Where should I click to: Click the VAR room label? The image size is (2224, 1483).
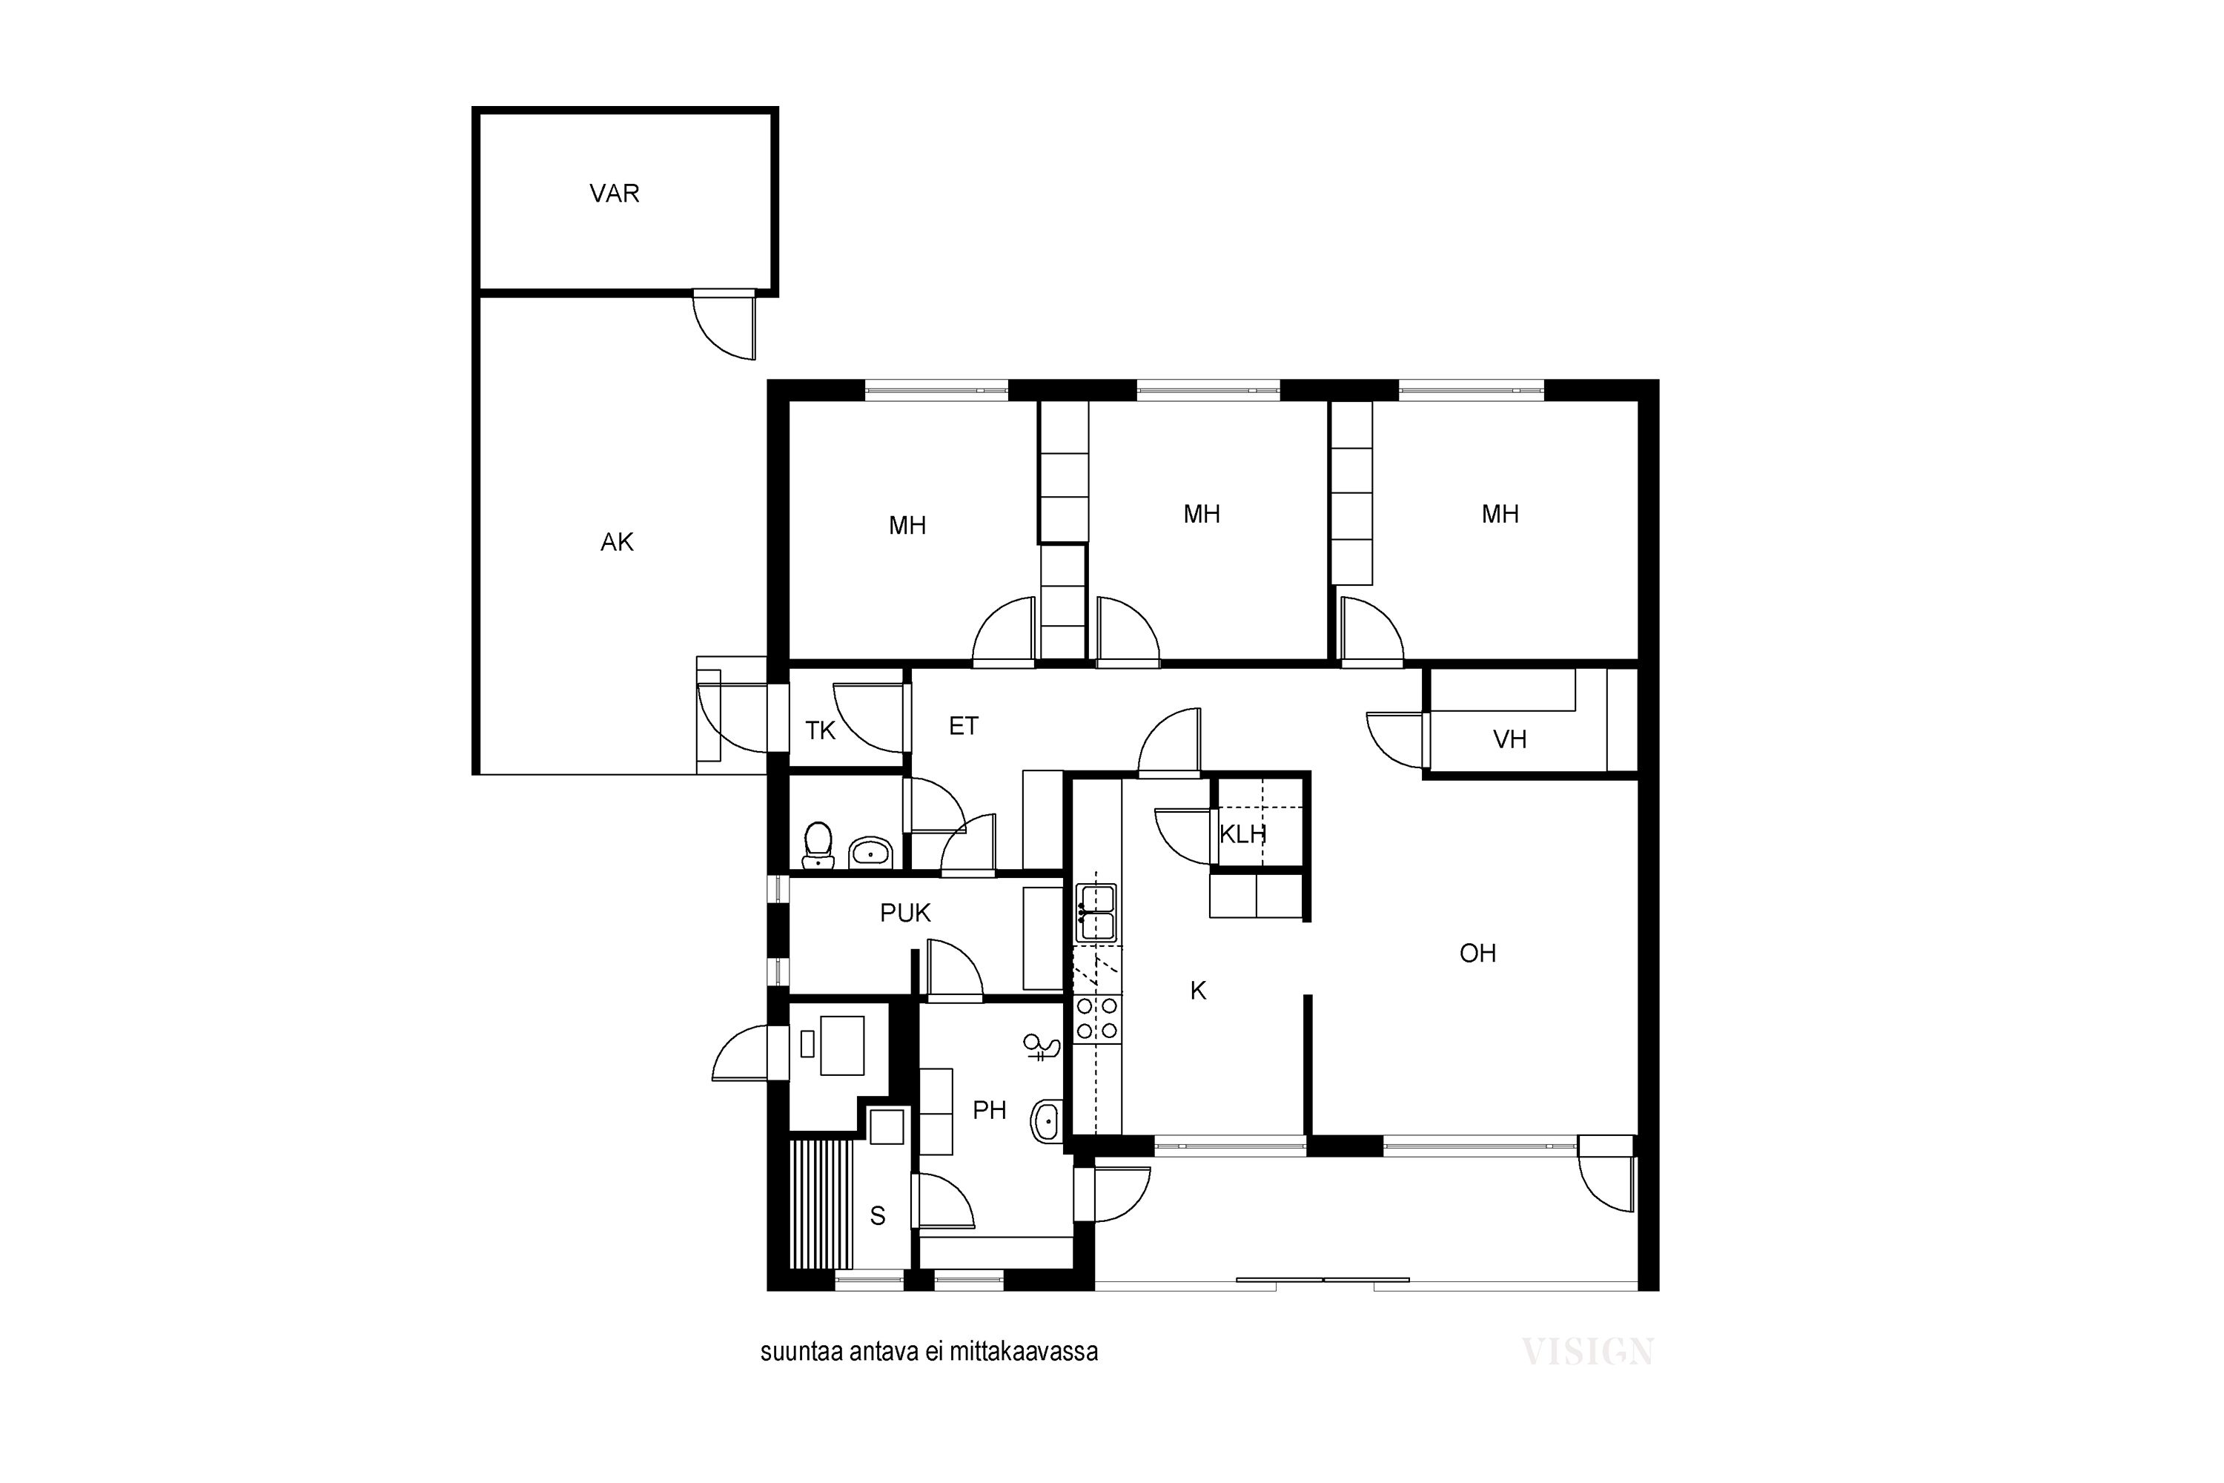tap(615, 194)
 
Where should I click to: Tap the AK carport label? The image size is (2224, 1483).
tap(618, 542)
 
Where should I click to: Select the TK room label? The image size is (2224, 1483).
tap(821, 730)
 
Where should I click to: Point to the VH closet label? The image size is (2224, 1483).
tap(1510, 739)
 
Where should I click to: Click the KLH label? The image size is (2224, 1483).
tap(1242, 834)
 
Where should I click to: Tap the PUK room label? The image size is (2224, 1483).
tap(906, 913)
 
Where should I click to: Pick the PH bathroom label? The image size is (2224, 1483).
tap(990, 1110)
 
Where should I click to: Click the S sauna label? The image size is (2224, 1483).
tap(878, 1216)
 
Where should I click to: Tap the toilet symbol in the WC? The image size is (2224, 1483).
tap(818, 845)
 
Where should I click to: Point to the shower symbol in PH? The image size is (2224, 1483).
tap(1042, 1047)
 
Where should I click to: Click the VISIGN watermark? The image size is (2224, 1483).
tap(1588, 1352)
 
